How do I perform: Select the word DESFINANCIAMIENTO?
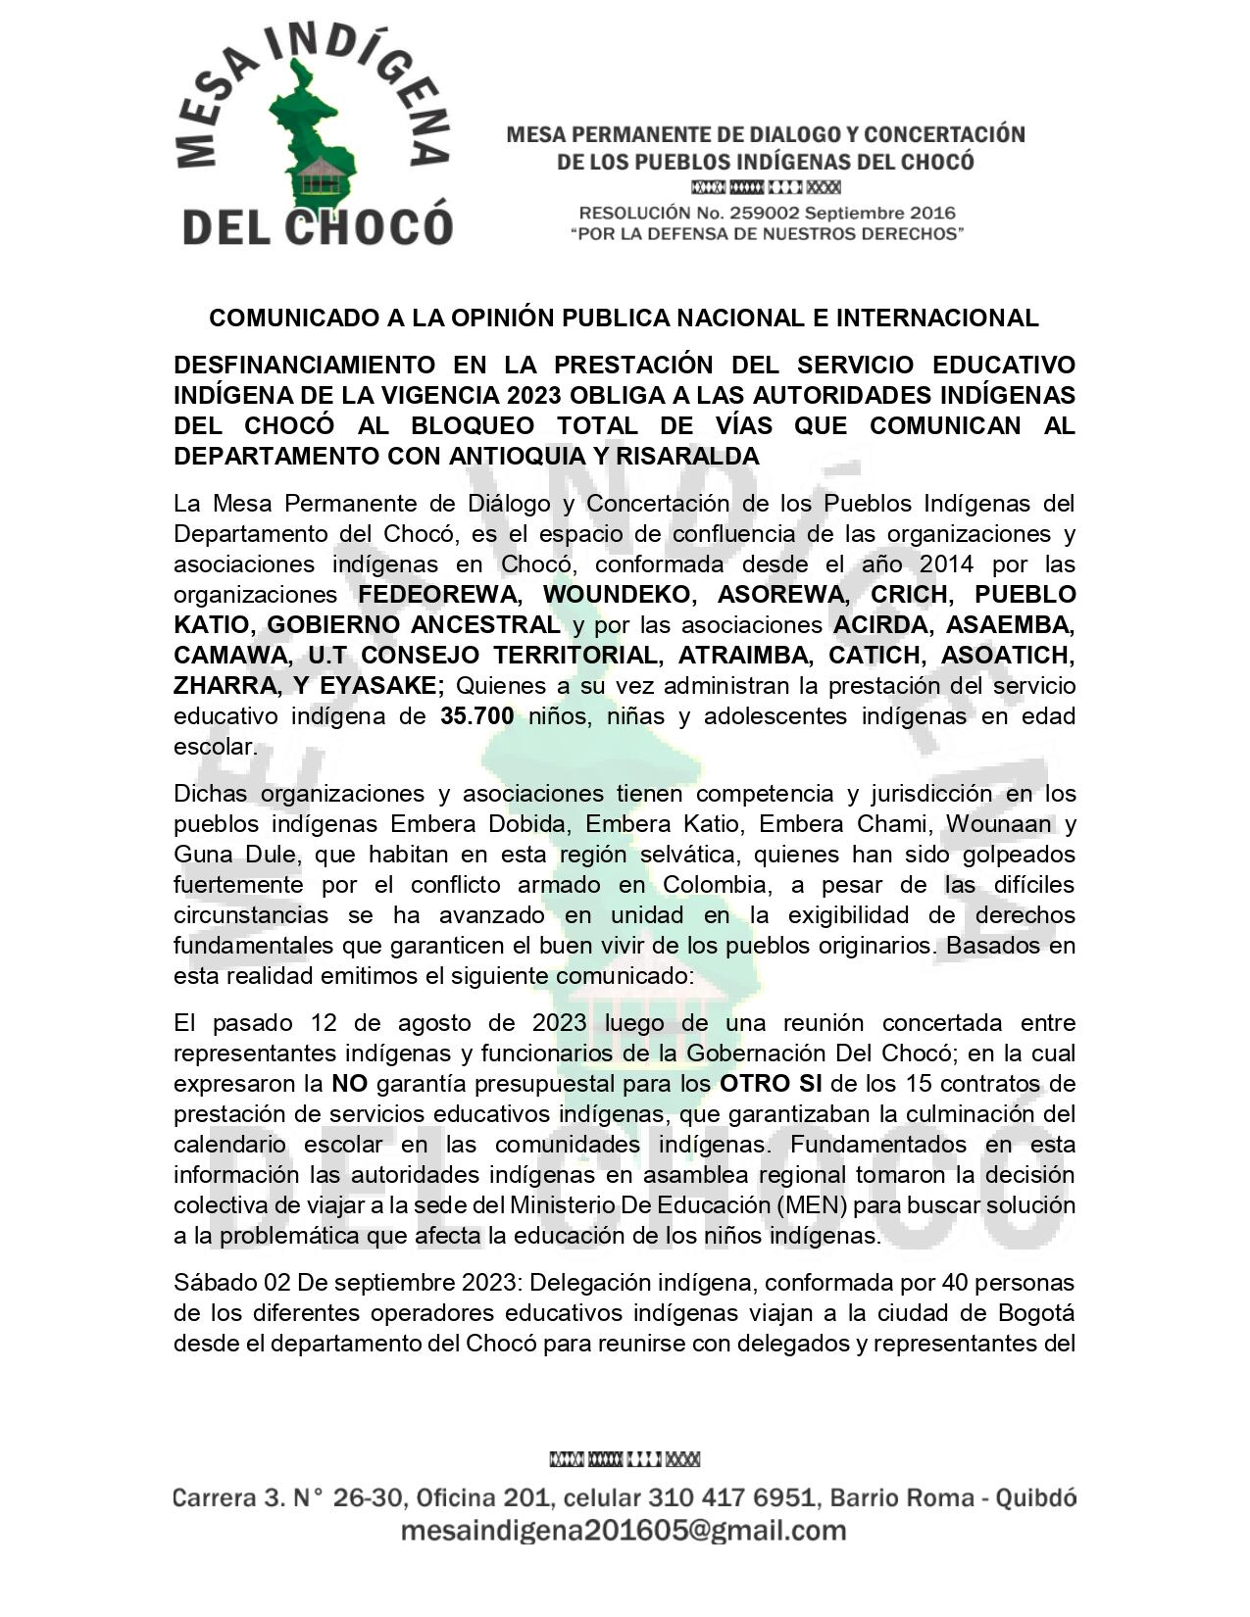(304, 366)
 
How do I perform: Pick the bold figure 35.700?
(476, 716)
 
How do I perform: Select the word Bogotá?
(1032, 1312)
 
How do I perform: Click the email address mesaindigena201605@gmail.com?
(624, 1531)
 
